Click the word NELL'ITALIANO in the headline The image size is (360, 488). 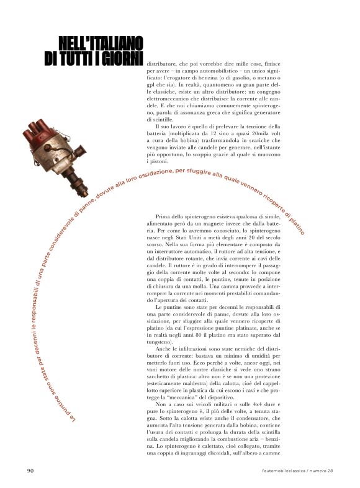pyautogui.click(x=101, y=43)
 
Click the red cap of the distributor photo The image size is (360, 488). pyautogui.click(x=38, y=131)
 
